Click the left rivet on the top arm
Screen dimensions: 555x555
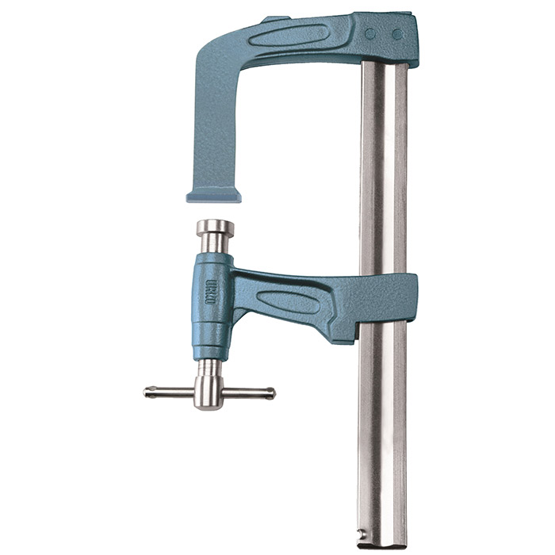pos(369,34)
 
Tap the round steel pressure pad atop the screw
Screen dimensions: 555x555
pos(215,228)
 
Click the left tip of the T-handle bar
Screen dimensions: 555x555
pos(148,392)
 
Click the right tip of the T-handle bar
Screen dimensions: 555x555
pos(271,392)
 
